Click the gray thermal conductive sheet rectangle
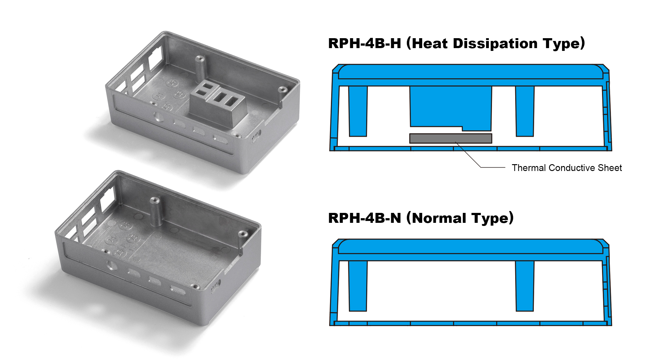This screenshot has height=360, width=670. coord(450,138)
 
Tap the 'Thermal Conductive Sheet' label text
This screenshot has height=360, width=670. coord(567,168)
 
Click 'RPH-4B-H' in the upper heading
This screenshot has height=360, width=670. coord(364,43)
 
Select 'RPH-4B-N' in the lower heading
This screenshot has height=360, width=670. coord(364,218)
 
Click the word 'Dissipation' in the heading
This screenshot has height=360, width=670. coord(495,44)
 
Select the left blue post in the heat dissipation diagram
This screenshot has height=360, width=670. coord(358,111)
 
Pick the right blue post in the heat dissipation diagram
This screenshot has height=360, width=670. coord(525,111)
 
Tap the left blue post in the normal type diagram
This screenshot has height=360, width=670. coord(358,286)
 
